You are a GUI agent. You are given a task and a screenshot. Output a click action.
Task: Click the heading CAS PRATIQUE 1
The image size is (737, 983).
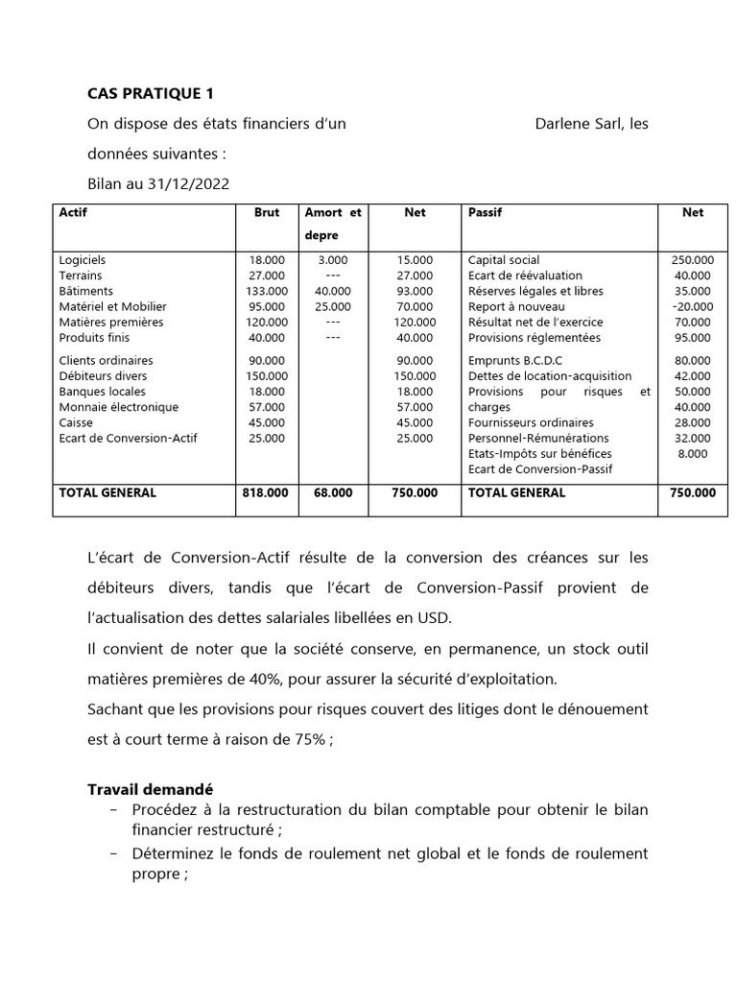point(151,93)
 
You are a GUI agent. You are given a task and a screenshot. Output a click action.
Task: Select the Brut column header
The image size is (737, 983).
point(267,213)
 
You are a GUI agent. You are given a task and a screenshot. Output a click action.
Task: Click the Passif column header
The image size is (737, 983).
point(485,213)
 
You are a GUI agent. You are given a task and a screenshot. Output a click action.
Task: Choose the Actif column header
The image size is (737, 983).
point(73,213)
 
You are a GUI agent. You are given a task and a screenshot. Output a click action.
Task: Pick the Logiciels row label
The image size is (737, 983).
point(83,260)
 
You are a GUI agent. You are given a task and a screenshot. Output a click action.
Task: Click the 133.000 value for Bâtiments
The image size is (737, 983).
point(267,291)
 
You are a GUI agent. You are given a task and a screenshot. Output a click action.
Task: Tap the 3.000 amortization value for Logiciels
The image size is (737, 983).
point(332,260)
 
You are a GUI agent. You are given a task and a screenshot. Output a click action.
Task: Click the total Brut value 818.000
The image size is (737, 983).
point(266,492)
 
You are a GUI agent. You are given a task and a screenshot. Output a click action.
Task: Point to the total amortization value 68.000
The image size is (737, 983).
point(332,492)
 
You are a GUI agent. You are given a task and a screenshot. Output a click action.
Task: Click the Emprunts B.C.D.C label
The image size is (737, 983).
point(514,361)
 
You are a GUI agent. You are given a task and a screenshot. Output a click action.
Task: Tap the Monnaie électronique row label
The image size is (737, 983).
point(119,407)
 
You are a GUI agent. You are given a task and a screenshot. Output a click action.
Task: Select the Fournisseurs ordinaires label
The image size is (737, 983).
point(531,422)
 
